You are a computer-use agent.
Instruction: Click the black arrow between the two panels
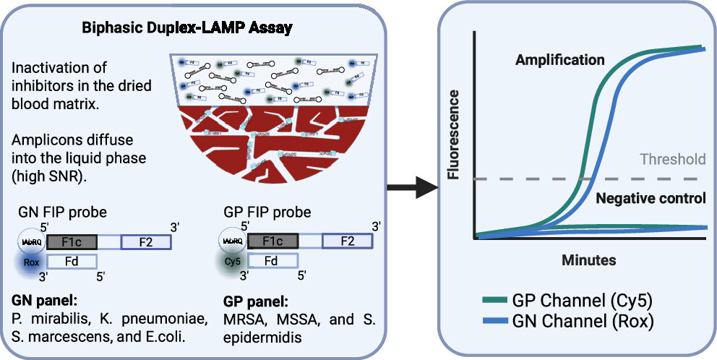click(413, 189)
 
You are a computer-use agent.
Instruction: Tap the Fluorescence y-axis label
click(454, 135)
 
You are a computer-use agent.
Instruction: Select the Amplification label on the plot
click(559, 60)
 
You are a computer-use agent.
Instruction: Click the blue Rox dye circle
click(30, 262)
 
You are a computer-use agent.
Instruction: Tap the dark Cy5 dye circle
click(231, 262)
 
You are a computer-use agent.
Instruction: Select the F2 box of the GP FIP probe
click(346, 241)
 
